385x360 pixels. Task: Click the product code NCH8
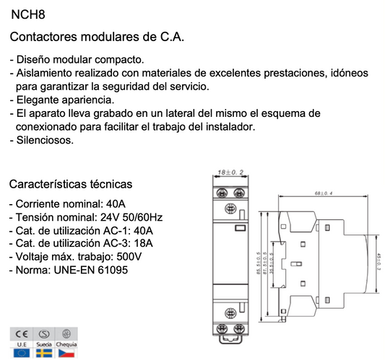click(26, 12)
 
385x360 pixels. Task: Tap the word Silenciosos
click(44, 140)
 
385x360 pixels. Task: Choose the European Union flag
click(21, 354)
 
